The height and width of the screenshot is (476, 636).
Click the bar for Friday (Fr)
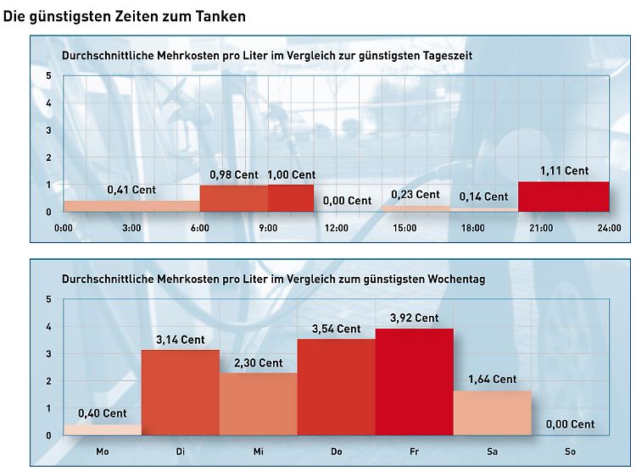click(x=414, y=382)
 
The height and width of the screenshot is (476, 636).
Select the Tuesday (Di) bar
click(x=180, y=392)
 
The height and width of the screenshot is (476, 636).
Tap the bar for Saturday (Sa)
click(x=492, y=412)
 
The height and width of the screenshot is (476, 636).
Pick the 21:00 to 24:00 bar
click(x=563, y=196)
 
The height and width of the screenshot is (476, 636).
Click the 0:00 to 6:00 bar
click(x=131, y=206)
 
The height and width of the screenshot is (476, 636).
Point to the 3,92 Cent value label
click(x=414, y=318)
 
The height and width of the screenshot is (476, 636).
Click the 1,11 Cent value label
click(x=564, y=171)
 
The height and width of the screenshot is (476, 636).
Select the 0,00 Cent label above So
click(x=570, y=424)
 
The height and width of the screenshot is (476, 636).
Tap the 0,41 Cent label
click(x=131, y=191)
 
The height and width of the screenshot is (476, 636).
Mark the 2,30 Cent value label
click(x=258, y=363)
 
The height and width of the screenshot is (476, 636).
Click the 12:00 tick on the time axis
click(x=337, y=228)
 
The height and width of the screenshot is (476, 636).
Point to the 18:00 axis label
click(x=472, y=228)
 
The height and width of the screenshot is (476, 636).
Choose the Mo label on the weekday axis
click(x=103, y=452)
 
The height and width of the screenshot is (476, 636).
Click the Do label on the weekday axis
click(x=336, y=452)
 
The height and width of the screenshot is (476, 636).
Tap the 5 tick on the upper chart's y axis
click(x=48, y=76)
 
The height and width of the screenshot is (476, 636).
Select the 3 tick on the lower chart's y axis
click(x=48, y=354)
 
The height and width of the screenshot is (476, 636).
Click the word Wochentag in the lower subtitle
click(x=454, y=279)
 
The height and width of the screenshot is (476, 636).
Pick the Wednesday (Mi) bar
click(x=258, y=404)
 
